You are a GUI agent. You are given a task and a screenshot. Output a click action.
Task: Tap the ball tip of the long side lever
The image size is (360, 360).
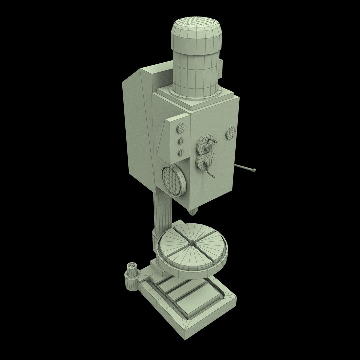(x=254, y=171)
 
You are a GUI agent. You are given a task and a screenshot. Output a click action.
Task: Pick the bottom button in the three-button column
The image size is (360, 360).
(x=181, y=153)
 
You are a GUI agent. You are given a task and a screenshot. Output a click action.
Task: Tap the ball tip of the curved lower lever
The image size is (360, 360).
(x=214, y=176)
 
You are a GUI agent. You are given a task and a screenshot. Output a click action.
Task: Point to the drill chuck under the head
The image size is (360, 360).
(x=193, y=212)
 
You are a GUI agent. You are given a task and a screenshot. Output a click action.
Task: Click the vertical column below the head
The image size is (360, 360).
(x=162, y=213)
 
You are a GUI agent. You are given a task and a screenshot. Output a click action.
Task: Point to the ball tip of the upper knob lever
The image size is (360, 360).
(x=216, y=142)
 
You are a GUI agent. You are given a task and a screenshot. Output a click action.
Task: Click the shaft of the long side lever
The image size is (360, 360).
(x=245, y=169)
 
